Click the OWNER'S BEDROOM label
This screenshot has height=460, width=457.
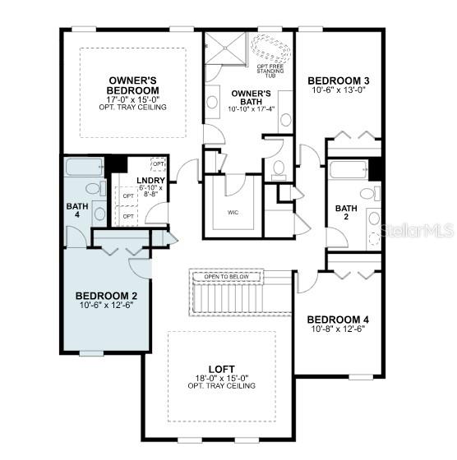pos(133,85)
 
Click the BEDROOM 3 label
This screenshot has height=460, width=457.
pos(338,80)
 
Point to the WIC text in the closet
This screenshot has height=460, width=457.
pos(233,212)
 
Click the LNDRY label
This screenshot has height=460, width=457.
pos(150,181)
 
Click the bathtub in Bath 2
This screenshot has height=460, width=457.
pos(348,171)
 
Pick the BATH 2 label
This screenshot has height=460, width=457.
pos(346,213)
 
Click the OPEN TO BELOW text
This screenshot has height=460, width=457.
pos(226,277)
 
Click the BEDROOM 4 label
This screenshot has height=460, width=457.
pos(337,319)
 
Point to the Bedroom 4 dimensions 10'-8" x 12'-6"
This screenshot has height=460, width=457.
pos(337,329)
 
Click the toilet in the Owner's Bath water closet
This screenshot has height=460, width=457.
pos(278,170)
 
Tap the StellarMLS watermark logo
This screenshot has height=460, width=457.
pos(416,233)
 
